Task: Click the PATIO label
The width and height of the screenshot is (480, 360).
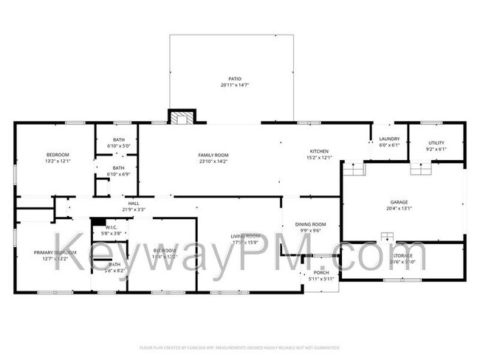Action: click(x=234, y=79)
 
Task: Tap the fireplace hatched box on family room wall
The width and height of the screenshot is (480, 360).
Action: click(x=181, y=117)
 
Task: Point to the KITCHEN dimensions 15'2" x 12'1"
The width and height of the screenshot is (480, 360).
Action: click(x=319, y=157)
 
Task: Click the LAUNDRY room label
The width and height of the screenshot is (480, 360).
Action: click(x=389, y=139)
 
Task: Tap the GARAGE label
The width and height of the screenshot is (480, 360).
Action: click(x=399, y=201)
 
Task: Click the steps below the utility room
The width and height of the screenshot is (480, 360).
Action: click(x=421, y=169)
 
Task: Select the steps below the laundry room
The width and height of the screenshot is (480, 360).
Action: click(x=354, y=170)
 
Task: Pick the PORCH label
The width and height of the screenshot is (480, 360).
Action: click(x=320, y=272)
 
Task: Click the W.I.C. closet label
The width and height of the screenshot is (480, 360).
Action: click(x=112, y=227)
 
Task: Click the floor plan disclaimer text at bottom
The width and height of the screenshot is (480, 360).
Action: click(x=240, y=347)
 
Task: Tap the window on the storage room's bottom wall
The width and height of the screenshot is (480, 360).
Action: click(x=402, y=280)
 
